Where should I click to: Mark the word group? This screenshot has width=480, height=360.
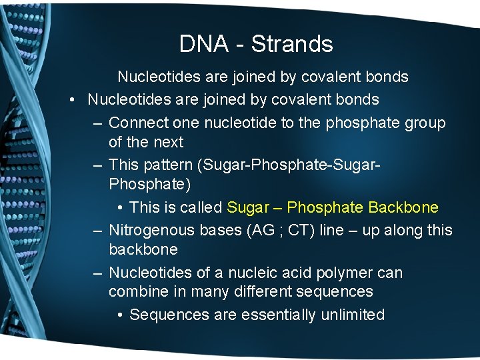(x=424, y=123)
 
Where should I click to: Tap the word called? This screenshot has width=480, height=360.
(x=201, y=207)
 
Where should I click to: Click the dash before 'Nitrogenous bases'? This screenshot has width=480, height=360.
(x=97, y=231)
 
